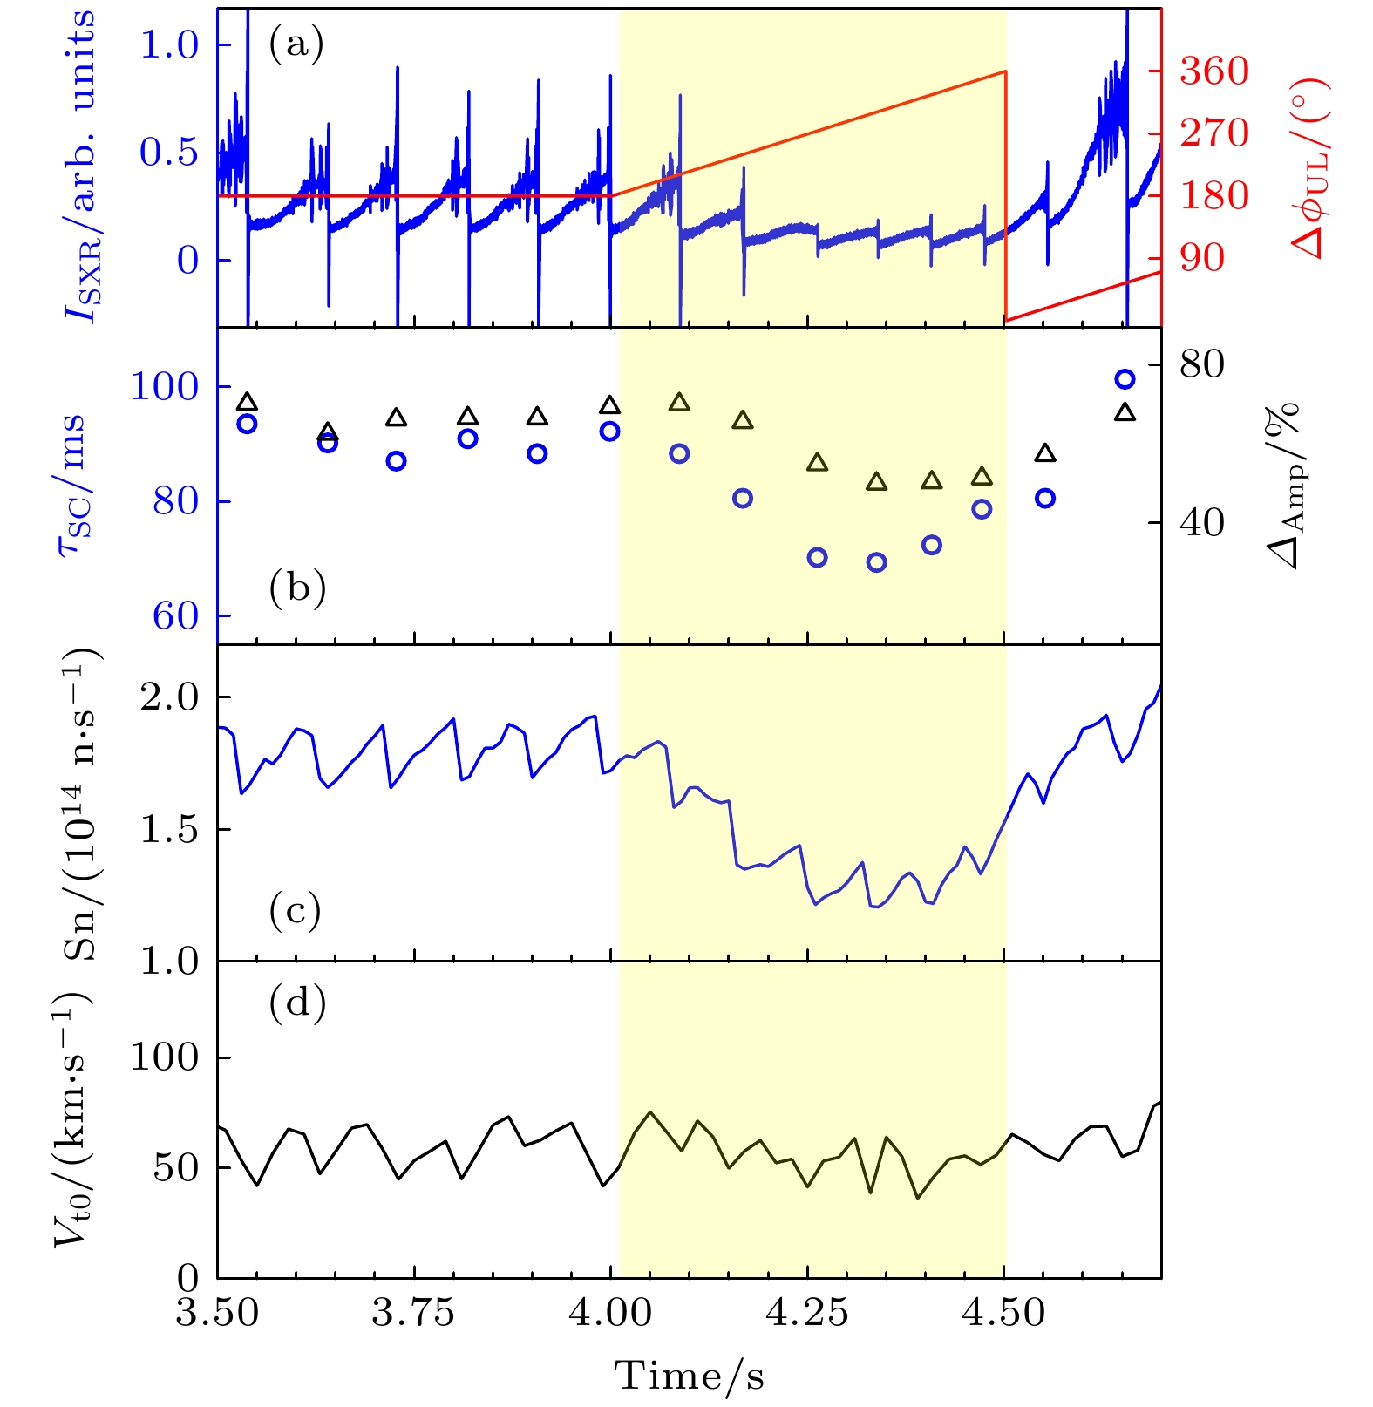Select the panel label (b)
(x=297, y=588)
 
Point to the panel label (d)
(x=297, y=1003)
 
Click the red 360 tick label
(x=1214, y=71)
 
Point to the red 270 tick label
(x=1214, y=133)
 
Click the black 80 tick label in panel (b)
(x=1202, y=364)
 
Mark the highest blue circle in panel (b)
(x=1125, y=379)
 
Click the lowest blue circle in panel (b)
(x=876, y=562)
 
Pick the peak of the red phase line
(x=1006, y=71)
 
